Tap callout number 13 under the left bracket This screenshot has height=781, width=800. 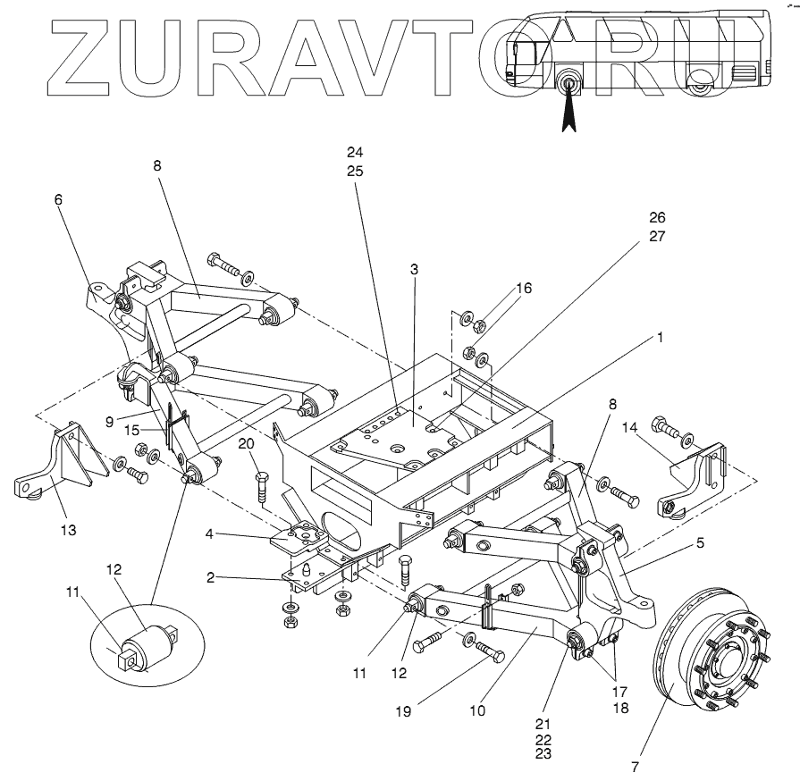coord(68,530)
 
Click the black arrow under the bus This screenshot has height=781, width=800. coord(567,111)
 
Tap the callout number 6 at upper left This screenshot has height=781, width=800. coord(59,200)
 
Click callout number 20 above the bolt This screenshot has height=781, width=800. coord(246,443)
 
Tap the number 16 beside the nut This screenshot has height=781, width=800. coord(524,288)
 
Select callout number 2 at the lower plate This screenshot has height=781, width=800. coord(210,578)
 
